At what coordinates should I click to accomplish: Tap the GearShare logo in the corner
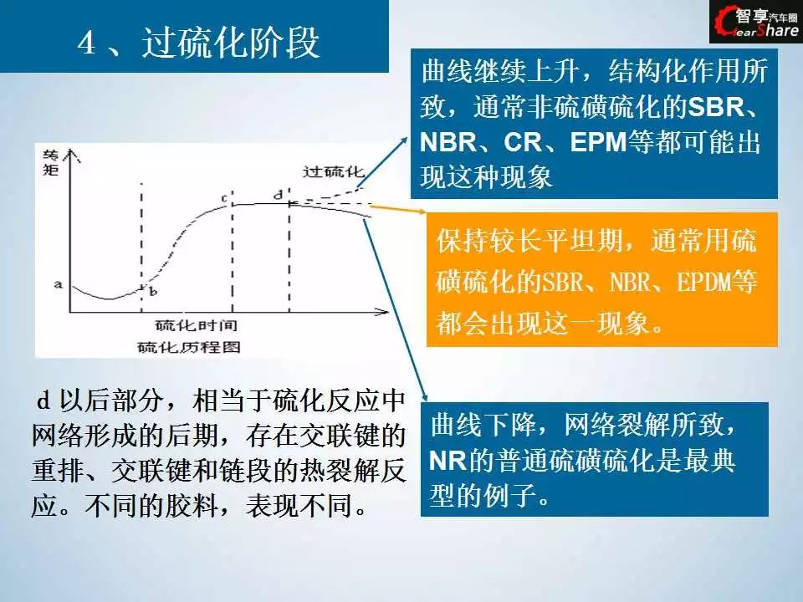(x=756, y=22)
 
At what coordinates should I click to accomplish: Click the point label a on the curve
(x=59, y=284)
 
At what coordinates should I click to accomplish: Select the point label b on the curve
(x=152, y=292)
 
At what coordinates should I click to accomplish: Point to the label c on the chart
(x=224, y=198)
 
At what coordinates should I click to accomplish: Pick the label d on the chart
(x=278, y=195)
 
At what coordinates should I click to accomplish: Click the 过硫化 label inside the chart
(x=333, y=171)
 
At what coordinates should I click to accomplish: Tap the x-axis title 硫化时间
(x=196, y=325)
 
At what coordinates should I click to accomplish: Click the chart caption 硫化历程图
(x=189, y=347)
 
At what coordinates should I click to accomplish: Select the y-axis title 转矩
(x=51, y=163)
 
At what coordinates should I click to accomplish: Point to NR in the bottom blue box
(x=448, y=460)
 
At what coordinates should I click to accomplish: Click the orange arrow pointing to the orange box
(x=397, y=208)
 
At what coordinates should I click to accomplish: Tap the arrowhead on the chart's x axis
(x=382, y=311)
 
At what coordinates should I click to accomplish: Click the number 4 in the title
(x=86, y=43)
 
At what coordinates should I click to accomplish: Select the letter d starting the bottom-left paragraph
(x=43, y=400)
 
